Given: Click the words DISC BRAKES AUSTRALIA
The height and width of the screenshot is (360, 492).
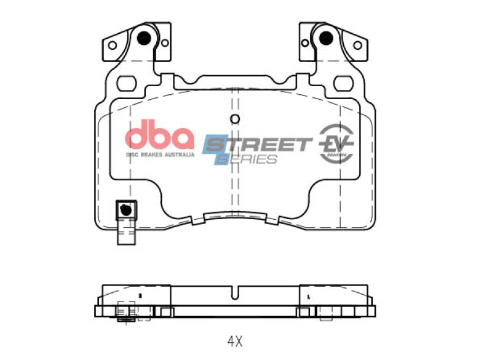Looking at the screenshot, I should pos(160,154).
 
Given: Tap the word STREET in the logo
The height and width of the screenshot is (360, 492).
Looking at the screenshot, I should pos(258,145).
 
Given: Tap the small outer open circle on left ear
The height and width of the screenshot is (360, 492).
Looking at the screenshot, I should pos(112,45).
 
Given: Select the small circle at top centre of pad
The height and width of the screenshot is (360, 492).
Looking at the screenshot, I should pos(234,119).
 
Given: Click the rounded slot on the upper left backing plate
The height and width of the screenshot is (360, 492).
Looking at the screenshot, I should pos(128,81).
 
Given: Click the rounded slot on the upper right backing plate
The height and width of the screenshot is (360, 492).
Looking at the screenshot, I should pos(342,81).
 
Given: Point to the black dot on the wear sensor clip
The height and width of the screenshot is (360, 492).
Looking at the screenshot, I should pos(127,209).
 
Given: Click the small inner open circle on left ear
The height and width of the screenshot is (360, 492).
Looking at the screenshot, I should pos(165,42).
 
